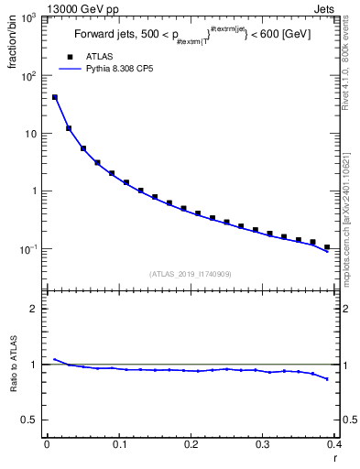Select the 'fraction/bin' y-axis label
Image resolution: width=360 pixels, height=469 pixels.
pyautogui.click(x=12, y=48)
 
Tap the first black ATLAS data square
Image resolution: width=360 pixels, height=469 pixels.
pyautogui.click(x=54, y=97)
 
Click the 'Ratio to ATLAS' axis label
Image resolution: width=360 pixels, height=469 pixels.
pyautogui.click(x=12, y=365)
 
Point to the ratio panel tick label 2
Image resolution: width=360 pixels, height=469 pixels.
pyautogui.click(x=33, y=309)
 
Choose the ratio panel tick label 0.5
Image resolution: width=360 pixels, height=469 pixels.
pyautogui.click(x=29, y=420)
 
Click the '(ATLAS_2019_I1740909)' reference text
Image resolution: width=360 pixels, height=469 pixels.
pyautogui.click(x=191, y=274)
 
